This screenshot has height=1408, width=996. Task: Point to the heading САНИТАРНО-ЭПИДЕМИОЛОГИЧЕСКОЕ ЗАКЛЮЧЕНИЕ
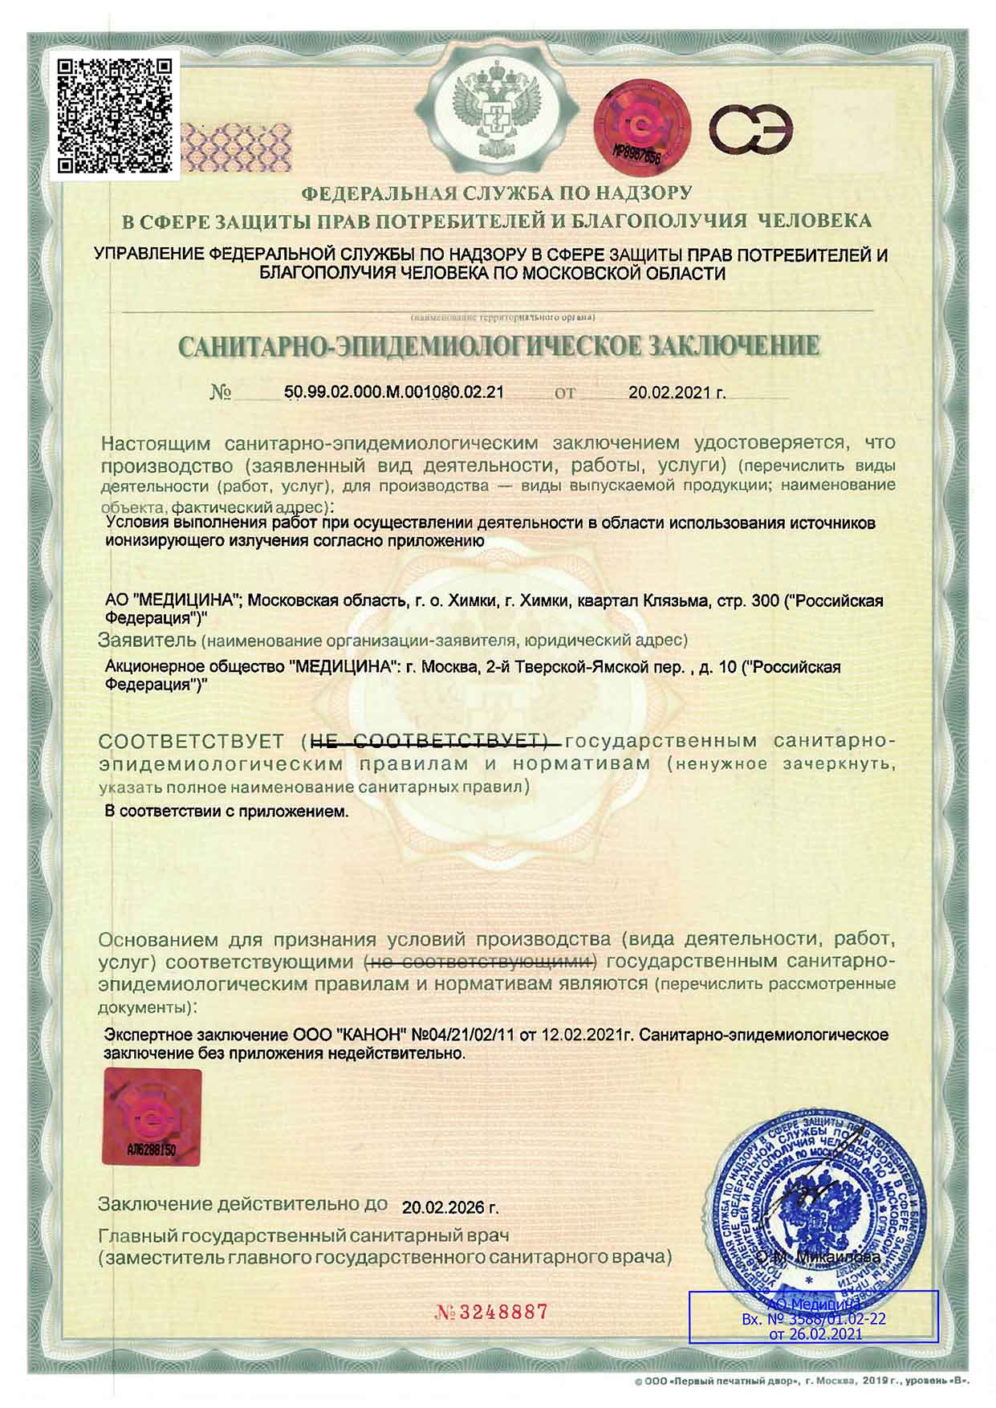(x=498, y=347)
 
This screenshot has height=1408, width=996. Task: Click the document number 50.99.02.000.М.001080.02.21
(x=394, y=393)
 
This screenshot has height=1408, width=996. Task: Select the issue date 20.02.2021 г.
(x=677, y=393)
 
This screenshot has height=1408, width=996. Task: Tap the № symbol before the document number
(x=221, y=393)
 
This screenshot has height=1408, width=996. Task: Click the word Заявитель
(x=147, y=641)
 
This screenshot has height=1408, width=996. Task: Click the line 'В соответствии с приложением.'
(x=227, y=811)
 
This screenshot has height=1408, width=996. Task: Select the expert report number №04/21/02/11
(x=465, y=1035)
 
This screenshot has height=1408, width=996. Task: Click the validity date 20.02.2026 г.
(x=450, y=1207)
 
